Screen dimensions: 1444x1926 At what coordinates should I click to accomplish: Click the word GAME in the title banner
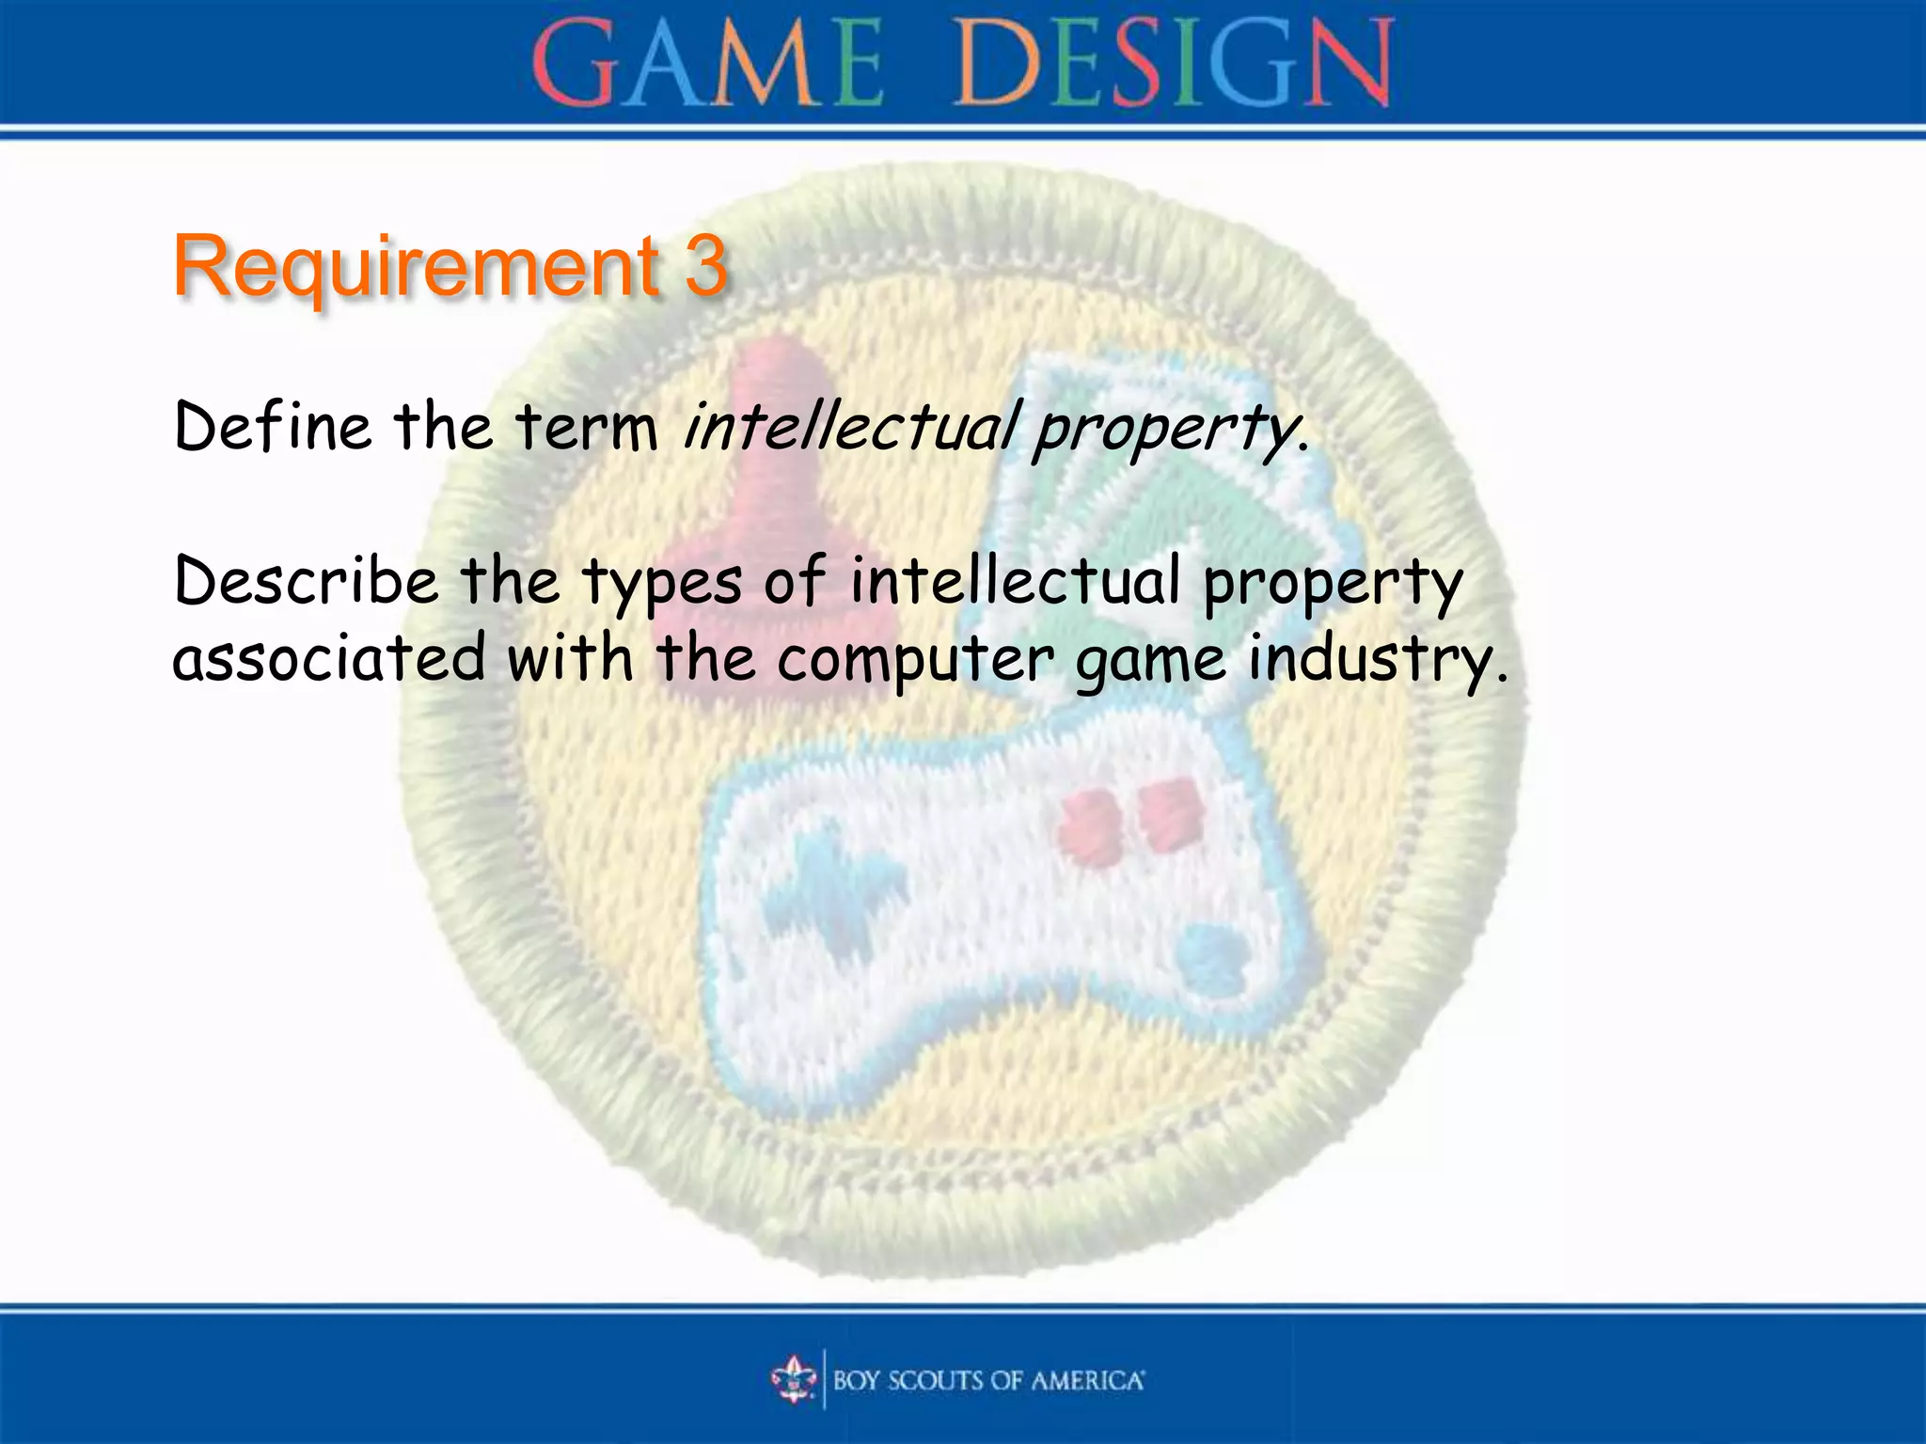(x=707, y=64)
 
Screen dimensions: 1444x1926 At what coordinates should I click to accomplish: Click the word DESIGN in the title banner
(x=1174, y=64)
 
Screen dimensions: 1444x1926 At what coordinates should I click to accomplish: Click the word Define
(x=273, y=427)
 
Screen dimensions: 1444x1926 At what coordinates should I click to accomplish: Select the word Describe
(x=307, y=581)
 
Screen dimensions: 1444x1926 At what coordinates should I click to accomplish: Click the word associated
(x=329, y=658)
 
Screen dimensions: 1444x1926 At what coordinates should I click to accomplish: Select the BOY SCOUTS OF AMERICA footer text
(x=987, y=1380)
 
